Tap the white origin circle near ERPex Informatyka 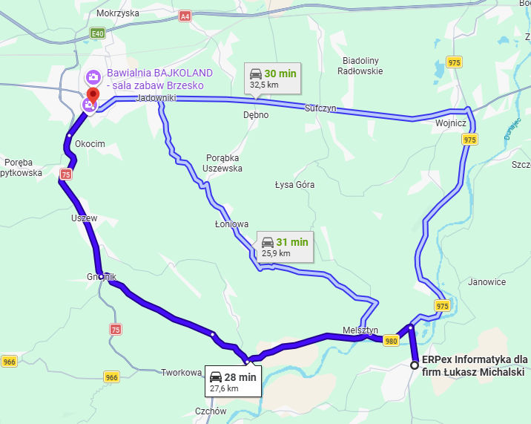[415, 365]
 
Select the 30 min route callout [273, 78]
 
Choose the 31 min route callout [285, 247]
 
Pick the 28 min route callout [233, 382]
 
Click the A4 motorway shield [185, 15]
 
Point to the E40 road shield [98, 33]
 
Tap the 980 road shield [392, 341]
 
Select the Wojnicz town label [451, 123]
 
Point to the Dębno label [256, 115]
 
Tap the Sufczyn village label [320, 108]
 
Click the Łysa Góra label [294, 184]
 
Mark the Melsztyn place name [360, 330]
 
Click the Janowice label [487, 282]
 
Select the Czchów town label [211, 411]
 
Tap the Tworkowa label [181, 373]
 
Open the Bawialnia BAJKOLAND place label [159, 79]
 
